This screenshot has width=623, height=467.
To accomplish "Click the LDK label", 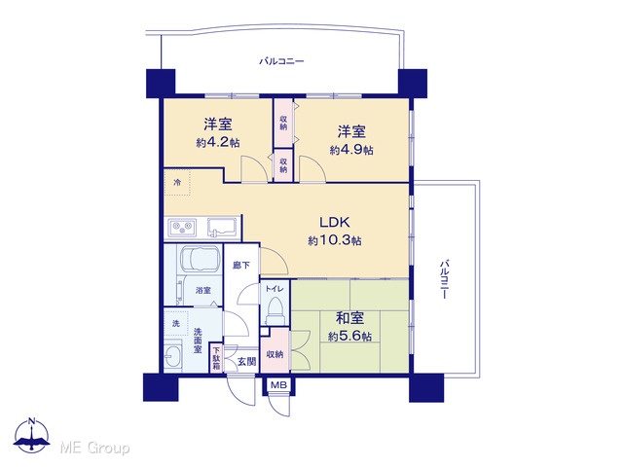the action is pyautogui.click(x=335, y=222).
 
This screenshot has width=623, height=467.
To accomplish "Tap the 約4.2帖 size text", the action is pyautogui.click(x=218, y=143).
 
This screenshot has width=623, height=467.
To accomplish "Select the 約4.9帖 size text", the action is pyautogui.click(x=351, y=150).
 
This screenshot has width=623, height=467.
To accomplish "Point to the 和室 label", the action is pyautogui.click(x=349, y=318).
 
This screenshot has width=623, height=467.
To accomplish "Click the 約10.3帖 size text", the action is pyautogui.click(x=335, y=240).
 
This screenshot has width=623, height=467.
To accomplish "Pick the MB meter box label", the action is pyautogui.click(x=278, y=384).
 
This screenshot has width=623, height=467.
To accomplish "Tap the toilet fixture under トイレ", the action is pyautogui.click(x=275, y=310).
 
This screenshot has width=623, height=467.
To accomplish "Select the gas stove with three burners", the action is pyautogui.click(x=182, y=228).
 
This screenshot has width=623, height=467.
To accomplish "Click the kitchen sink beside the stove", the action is pyautogui.click(x=222, y=228).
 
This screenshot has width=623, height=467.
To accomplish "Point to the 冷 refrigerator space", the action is pyautogui.click(x=177, y=183).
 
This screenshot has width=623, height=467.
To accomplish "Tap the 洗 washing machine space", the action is pyautogui.click(x=176, y=323).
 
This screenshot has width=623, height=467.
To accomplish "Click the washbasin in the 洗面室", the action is pyautogui.click(x=173, y=356).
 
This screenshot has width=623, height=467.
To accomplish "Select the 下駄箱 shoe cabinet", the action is pyautogui.click(x=216, y=358).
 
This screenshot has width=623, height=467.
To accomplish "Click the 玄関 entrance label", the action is pyautogui.click(x=246, y=361).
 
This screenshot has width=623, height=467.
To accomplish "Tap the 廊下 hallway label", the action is pyautogui.click(x=241, y=265).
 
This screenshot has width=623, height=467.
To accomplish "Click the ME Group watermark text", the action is pyautogui.click(x=94, y=448).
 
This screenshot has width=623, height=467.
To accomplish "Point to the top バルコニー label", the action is pyautogui.click(x=281, y=61).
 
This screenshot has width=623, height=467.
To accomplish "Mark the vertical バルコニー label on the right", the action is pyautogui.click(x=445, y=279).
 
